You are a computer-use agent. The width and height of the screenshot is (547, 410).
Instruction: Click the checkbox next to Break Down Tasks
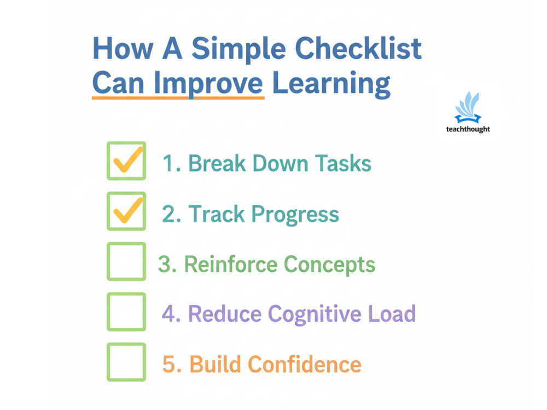click(x=126, y=161)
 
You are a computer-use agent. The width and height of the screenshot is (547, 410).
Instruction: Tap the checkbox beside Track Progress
click(x=126, y=211)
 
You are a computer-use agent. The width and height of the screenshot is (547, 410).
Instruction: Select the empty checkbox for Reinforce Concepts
click(x=126, y=261)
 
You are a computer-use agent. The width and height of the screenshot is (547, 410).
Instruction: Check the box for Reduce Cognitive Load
click(x=126, y=312)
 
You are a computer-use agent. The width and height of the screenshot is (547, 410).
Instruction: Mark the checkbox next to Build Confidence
click(x=126, y=362)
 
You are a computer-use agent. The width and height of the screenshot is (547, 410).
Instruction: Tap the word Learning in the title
click(x=331, y=83)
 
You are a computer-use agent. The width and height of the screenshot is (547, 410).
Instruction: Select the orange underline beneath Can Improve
click(x=178, y=98)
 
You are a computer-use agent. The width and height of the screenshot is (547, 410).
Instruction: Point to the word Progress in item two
click(x=295, y=214)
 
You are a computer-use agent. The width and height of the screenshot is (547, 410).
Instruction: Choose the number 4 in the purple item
click(x=170, y=314)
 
